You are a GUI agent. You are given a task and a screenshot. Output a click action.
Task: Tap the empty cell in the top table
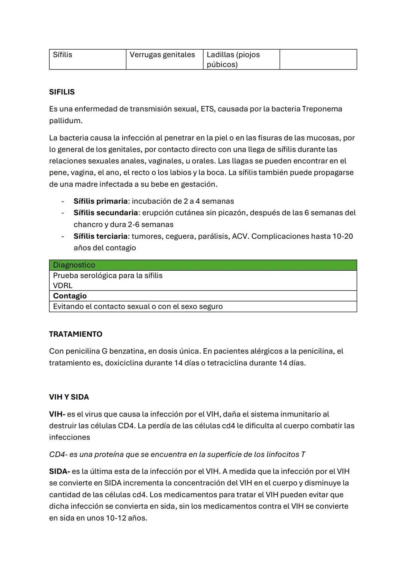pyautogui.click(x=318, y=59)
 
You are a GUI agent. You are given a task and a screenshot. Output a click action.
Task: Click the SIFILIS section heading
pyautogui.click(x=62, y=92)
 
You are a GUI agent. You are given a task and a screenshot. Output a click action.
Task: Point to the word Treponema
pyautogui.click(x=322, y=109)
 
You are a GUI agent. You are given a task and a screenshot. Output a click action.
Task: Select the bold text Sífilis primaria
pyautogui.click(x=100, y=201)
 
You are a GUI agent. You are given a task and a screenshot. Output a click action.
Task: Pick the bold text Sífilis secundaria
pyautogui.click(x=106, y=213)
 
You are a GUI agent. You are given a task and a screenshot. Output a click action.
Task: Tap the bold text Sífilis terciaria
pyautogui.click(x=100, y=236)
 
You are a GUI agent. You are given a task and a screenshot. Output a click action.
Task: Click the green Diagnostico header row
pyautogui.click(x=203, y=265)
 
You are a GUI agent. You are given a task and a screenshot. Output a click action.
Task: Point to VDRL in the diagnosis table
pyautogui.click(x=63, y=285)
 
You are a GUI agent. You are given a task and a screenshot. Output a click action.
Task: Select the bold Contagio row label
pyautogui.click(x=70, y=296)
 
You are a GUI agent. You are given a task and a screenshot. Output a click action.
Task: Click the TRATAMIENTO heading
pyautogui.click(x=76, y=334)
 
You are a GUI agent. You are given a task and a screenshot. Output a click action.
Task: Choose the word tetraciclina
pyautogui.click(x=227, y=363)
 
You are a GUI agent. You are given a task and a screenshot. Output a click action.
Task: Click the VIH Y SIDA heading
pyautogui.click(x=69, y=397)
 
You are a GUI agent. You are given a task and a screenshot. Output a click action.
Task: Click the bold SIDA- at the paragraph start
pyautogui.click(x=59, y=471)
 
